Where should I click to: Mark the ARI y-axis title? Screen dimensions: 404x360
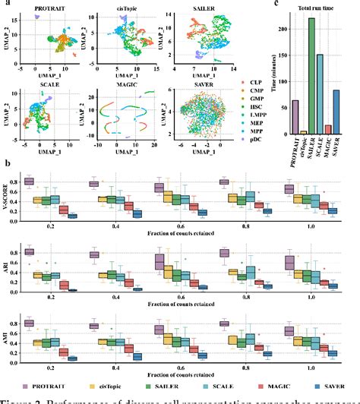point(7,271)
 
